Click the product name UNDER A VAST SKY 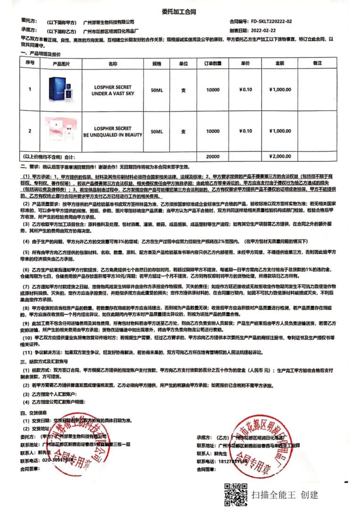tap(113, 93)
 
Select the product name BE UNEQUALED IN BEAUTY tap(113, 135)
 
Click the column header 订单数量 tap(213, 63)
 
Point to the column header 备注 tap(317, 63)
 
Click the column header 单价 tap(245, 63)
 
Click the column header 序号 tap(30, 63)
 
